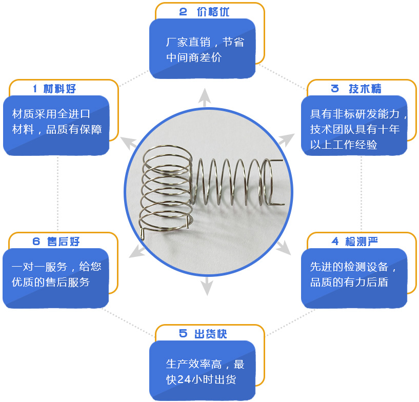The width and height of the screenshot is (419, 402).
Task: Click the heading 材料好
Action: coord(60,89)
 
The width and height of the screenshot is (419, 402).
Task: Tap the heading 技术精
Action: coord(365,89)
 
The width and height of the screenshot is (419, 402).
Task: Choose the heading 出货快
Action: coord(210,334)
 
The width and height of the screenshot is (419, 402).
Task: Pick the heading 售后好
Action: coord(64,242)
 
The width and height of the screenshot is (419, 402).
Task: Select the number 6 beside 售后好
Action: coord(36,242)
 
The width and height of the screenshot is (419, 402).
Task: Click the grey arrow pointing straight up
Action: coord(205,97)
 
